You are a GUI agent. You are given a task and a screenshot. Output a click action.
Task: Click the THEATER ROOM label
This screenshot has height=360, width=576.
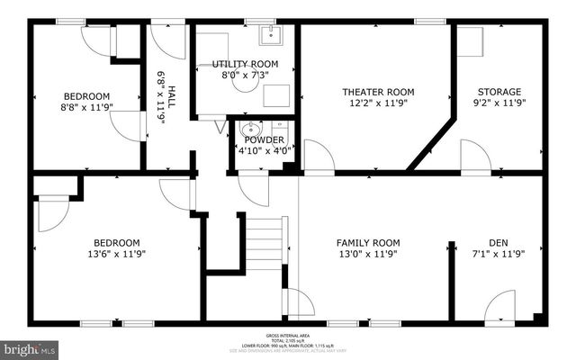pyautogui.click(x=377, y=92)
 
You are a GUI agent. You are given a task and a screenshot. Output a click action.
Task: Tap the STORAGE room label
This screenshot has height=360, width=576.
pyautogui.click(x=499, y=92)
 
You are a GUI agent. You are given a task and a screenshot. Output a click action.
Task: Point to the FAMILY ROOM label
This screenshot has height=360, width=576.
pyautogui.click(x=368, y=242)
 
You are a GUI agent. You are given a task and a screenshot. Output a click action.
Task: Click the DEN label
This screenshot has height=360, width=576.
pyautogui.click(x=499, y=242)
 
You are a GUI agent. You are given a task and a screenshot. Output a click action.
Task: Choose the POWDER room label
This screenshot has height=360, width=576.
pyautogui.click(x=264, y=139)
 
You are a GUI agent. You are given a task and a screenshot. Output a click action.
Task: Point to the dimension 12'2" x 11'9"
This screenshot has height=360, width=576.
pyautogui.click(x=377, y=103)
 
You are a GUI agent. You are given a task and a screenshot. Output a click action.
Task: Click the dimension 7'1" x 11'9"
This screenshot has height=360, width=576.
pyautogui.click(x=499, y=255)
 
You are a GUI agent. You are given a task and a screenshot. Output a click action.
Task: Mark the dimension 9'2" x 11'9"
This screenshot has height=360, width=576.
pyautogui.click(x=499, y=103)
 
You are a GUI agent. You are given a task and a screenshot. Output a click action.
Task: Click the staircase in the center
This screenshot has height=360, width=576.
pyautogui.click(x=265, y=243)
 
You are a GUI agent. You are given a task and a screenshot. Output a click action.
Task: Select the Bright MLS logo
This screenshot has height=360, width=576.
pyautogui.click(x=29, y=346)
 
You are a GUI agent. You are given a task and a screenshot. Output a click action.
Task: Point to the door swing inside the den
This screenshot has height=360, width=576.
pyautogui.click(x=499, y=308)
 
